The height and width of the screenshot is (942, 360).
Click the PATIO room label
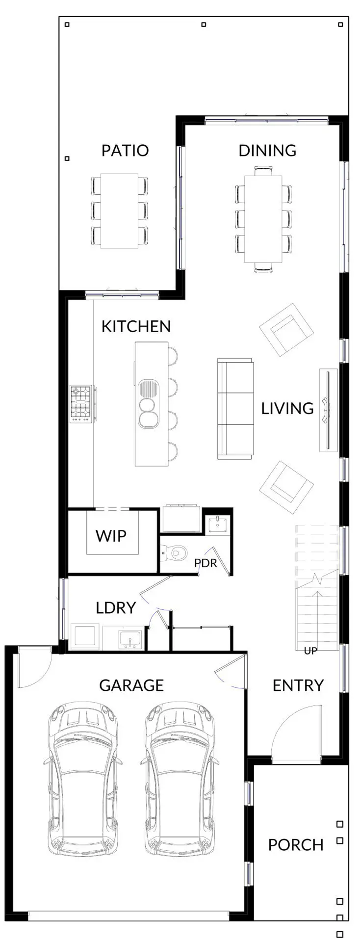coord(125,150)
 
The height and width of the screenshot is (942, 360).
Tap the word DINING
coord(267,150)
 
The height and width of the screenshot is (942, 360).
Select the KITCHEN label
coord(136,326)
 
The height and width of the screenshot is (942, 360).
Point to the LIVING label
coord(287,408)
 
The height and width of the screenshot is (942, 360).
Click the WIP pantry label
coord(111,536)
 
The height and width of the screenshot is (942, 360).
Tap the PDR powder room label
coord(206,563)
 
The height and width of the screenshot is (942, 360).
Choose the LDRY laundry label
coord(116,608)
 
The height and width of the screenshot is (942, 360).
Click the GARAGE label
coord(131,685)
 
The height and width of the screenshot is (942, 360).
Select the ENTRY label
coord(298,685)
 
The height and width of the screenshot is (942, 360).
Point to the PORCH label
coord(296,845)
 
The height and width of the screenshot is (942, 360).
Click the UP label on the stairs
coord(310,651)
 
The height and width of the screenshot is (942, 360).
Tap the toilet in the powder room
coord(175,553)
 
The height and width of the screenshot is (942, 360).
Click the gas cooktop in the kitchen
coord(81,404)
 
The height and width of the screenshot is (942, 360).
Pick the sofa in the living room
coord(235,409)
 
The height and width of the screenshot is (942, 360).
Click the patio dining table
coord(119,211)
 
